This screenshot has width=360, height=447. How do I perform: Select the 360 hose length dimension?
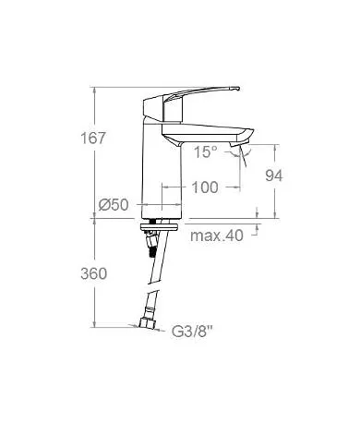click(x=94, y=274)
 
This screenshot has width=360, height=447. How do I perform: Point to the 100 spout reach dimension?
click(x=204, y=187)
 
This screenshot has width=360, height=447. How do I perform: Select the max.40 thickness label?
click(x=217, y=236)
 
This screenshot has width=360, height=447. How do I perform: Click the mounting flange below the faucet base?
click(x=161, y=224)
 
